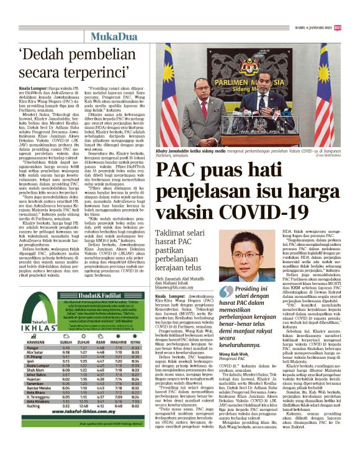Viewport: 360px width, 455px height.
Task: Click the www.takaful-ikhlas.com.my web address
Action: point(74,431)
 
